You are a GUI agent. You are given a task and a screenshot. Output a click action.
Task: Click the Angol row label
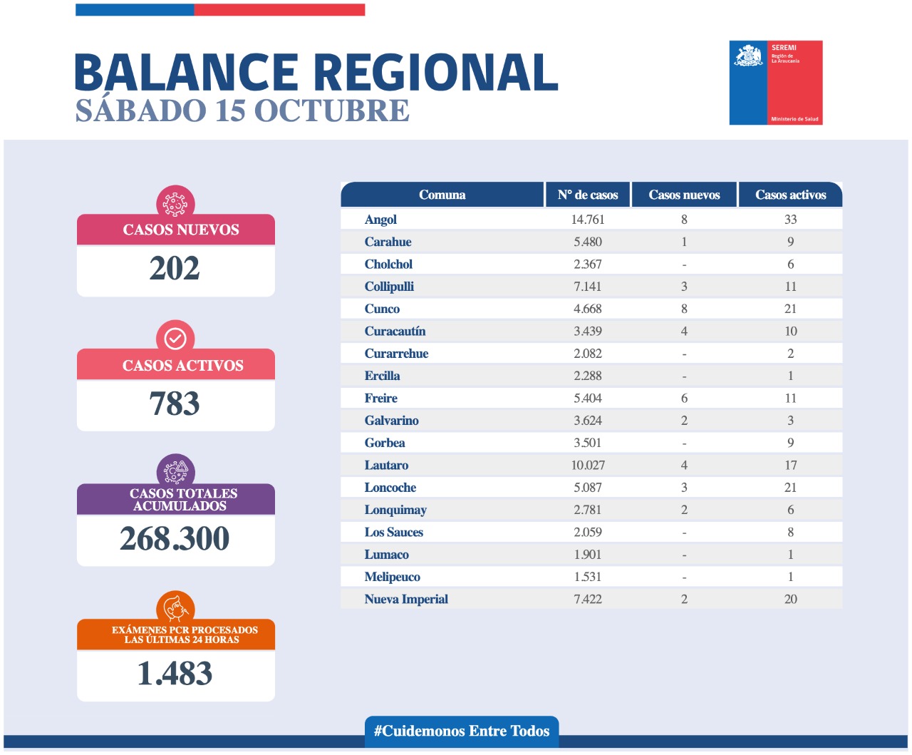click(x=380, y=220)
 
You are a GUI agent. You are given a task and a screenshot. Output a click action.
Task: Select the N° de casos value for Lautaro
click(x=588, y=466)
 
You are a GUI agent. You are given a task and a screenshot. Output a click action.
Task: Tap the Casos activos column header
click(x=790, y=195)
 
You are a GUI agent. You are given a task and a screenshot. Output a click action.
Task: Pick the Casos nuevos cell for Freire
click(x=684, y=399)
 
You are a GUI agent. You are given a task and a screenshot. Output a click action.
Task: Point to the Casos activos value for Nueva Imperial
click(x=790, y=600)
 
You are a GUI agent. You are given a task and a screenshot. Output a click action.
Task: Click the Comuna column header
click(x=442, y=195)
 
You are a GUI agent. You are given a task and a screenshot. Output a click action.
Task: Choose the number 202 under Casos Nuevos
click(x=175, y=269)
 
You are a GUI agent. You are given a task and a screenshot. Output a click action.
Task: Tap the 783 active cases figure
click(x=175, y=404)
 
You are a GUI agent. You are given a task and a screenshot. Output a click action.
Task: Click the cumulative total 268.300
click(x=175, y=539)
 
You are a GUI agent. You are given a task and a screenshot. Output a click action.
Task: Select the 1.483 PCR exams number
click(x=175, y=674)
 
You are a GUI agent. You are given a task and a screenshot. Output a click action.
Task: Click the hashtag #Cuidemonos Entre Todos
click(x=462, y=731)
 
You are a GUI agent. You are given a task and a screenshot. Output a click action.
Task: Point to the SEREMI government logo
click(x=775, y=83)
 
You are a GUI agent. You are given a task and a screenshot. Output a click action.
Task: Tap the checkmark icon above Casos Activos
click(x=175, y=338)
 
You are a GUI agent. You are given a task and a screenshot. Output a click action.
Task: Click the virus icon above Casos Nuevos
click(x=175, y=203)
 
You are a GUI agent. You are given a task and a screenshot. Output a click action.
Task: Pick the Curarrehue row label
click(x=396, y=354)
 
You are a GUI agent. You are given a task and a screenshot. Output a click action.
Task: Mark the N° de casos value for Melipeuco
click(x=588, y=577)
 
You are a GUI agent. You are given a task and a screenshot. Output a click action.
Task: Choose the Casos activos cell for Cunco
click(x=790, y=309)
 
